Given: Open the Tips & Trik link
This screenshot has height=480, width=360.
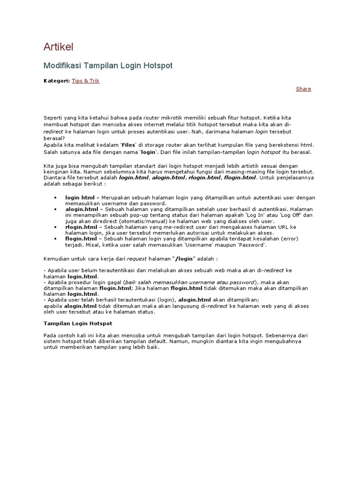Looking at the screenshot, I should pos(85,81).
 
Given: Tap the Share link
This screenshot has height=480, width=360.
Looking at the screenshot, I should pos(303,89).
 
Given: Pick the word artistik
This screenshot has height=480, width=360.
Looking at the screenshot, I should pos(271,166).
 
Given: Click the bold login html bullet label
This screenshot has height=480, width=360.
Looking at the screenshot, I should pos(80,198).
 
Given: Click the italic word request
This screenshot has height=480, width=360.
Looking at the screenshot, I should pos(137,258).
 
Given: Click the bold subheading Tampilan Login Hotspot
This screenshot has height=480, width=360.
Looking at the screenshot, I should pos(77,323).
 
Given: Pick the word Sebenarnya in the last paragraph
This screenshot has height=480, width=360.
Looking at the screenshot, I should pos(285,336).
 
